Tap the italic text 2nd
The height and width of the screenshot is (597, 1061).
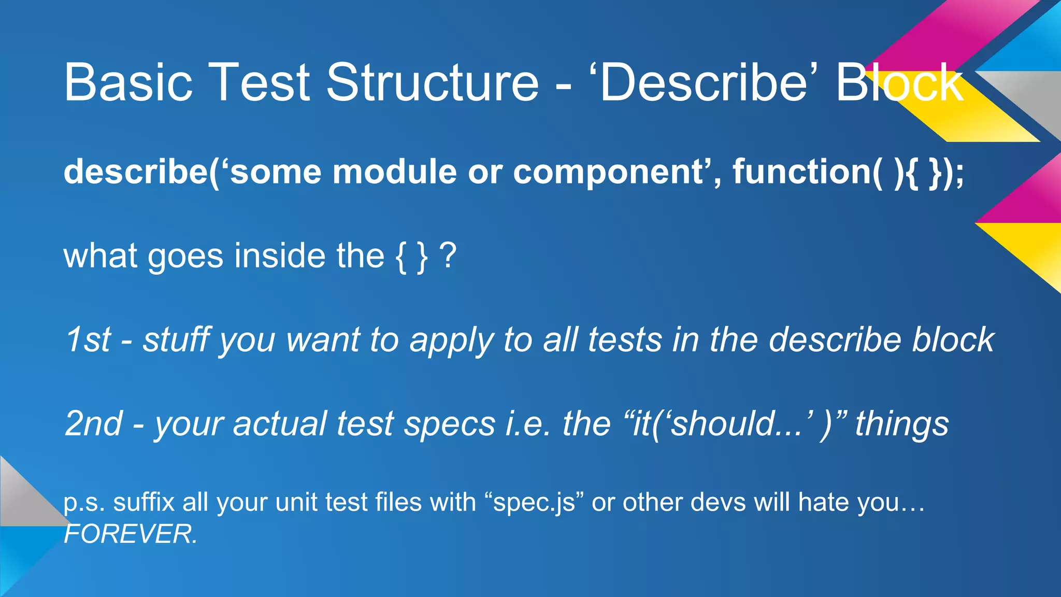[94, 424]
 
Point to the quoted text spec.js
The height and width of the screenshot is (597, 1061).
[534, 503]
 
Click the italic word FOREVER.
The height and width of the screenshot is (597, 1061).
[130, 534]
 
